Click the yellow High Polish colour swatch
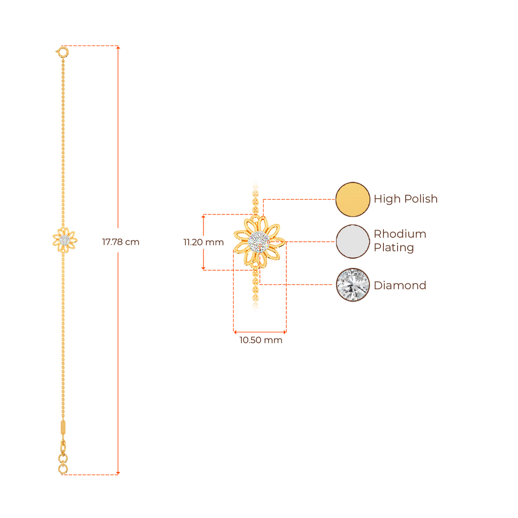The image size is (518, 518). point(353,199)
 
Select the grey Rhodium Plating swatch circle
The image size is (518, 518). point(353,241)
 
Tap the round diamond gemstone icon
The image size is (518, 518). point(353,284)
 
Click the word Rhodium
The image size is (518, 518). point(400,234)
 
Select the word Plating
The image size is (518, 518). point(394,248)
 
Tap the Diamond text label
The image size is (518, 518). point(400,285)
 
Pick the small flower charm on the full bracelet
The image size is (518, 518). point(65,239)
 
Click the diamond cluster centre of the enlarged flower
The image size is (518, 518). point(258,241)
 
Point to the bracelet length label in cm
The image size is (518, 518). point(120,242)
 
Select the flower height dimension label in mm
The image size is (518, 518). point(202,242)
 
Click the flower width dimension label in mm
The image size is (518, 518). point(260,340)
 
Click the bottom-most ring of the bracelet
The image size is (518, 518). point(63,469)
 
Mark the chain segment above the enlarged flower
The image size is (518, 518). point(256,195)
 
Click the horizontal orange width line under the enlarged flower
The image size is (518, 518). point(260,332)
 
